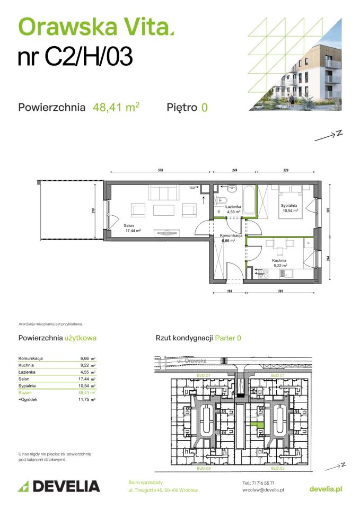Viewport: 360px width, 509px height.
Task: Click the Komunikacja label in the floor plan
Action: click(x=231, y=237)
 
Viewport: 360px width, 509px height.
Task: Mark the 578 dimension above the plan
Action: click(x=160, y=171)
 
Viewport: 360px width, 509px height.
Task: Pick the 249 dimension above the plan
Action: click(x=234, y=171)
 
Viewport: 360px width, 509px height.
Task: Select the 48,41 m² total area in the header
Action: click(x=116, y=107)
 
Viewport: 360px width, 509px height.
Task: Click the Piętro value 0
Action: click(x=204, y=108)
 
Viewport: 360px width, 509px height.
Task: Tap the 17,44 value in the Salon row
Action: click(x=84, y=379)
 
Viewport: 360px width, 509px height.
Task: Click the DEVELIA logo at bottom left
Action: click(x=59, y=486)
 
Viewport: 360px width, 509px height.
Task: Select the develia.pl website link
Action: click(x=325, y=488)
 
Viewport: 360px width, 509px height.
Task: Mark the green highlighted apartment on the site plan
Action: click(x=258, y=426)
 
